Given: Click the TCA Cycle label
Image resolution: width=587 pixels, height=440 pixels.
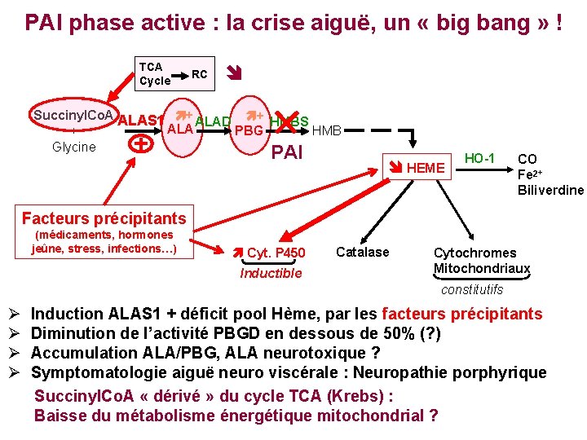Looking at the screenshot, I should (x=154, y=74).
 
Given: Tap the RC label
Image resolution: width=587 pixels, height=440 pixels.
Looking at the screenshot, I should (x=199, y=75).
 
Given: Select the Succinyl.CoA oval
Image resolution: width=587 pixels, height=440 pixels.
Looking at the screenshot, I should (x=74, y=115).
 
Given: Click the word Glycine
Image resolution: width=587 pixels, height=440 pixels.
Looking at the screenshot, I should (x=73, y=147).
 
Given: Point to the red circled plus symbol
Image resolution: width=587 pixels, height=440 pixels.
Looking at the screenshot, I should (x=143, y=143).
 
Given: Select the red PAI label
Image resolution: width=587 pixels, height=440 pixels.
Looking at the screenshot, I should (x=286, y=152).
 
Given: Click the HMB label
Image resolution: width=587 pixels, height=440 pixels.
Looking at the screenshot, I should (x=327, y=130).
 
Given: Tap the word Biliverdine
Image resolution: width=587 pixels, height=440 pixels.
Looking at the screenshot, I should (x=550, y=190).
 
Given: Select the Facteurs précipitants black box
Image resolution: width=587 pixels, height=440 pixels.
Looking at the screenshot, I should (x=104, y=218).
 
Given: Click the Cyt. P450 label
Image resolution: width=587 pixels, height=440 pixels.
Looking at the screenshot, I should (x=276, y=253).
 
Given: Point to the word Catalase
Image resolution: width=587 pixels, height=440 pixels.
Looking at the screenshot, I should (x=363, y=252).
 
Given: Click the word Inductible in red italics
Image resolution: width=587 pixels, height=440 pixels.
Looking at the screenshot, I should (x=271, y=273).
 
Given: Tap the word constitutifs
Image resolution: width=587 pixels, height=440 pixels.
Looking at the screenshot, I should (x=472, y=289).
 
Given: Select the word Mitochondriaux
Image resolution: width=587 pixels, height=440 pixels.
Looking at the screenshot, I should (x=482, y=269).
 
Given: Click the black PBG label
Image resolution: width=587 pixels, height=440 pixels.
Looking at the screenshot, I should (x=248, y=131).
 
